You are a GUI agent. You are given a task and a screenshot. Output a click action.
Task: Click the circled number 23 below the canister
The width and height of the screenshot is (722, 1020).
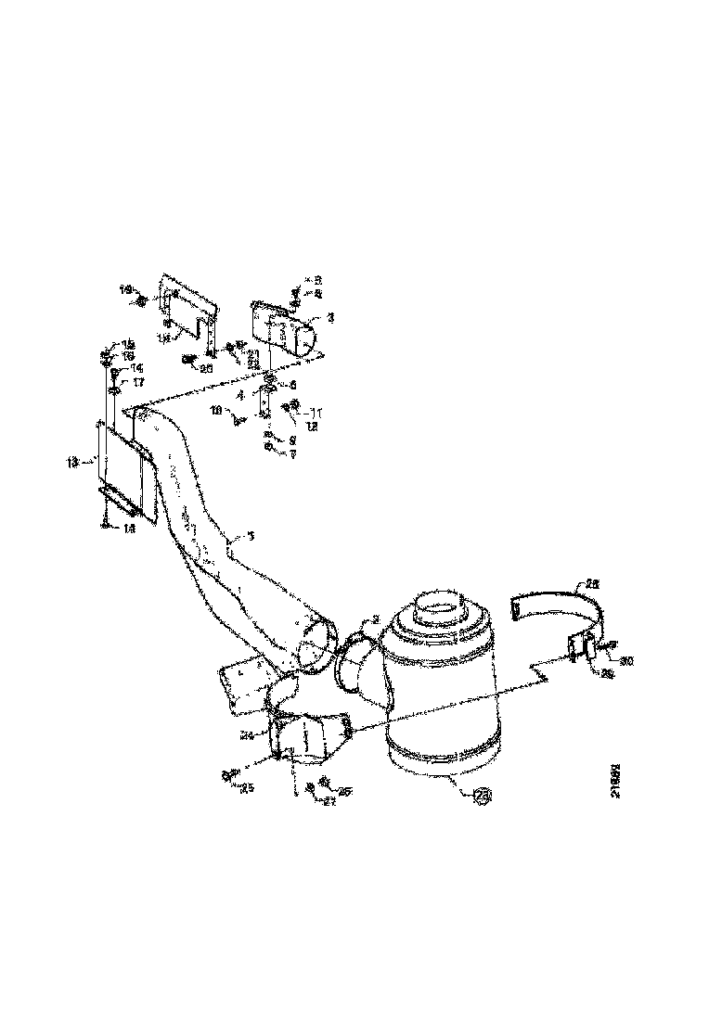pyautogui.click(x=483, y=796)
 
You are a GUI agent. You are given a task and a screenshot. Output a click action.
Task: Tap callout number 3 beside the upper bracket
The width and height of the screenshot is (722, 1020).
pyautogui.click(x=330, y=317)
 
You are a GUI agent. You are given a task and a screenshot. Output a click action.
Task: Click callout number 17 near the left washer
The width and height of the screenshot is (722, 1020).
pyautogui.click(x=136, y=381)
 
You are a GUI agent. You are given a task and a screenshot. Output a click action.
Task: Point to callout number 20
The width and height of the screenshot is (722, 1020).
pyautogui.click(x=206, y=367)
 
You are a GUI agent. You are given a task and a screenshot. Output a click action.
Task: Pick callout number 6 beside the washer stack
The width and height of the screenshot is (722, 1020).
pyautogui.click(x=293, y=384)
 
